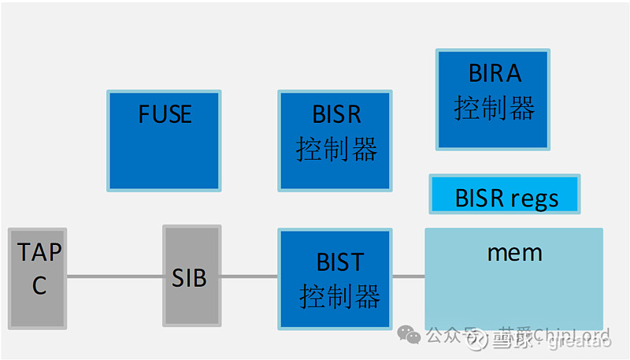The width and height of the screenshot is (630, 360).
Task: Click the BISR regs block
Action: [504, 195]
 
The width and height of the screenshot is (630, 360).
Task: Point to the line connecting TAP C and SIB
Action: [115, 276]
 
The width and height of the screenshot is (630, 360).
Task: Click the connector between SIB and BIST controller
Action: [247, 276]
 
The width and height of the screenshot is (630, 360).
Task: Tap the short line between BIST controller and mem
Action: [409, 276]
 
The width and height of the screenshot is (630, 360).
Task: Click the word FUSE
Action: [165, 114]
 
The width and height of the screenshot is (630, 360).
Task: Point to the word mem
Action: [514, 253]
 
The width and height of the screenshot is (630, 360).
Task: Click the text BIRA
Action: [495, 74]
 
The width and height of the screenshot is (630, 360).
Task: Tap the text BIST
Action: [339, 261]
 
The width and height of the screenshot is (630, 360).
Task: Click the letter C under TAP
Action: [39, 285]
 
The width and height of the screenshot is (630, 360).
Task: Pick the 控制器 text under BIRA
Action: [495, 108]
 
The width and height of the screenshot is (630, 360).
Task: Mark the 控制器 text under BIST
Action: [339, 296]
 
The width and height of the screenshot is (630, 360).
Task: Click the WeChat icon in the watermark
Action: [409, 336]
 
